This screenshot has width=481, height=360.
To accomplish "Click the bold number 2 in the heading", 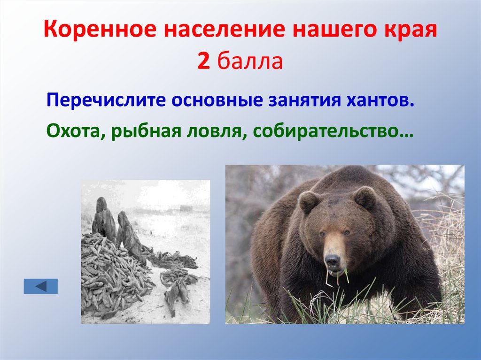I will point(203,61).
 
